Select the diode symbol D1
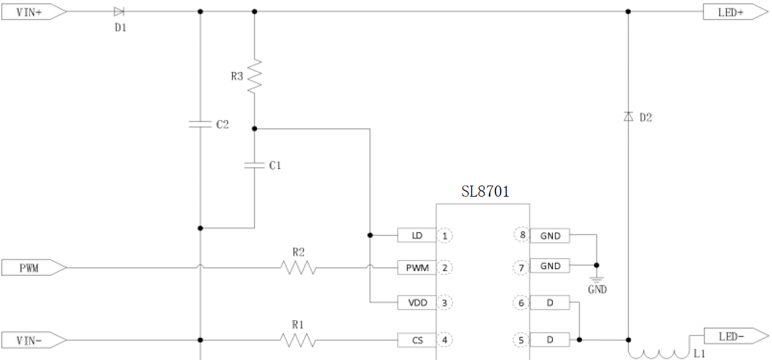(x=118, y=12)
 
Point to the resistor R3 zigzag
(x=254, y=75)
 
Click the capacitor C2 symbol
(x=200, y=123)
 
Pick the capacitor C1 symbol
(x=254, y=165)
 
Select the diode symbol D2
(x=628, y=117)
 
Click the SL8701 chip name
(x=485, y=192)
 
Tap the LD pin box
(x=416, y=235)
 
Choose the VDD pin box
(x=416, y=303)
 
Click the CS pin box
(x=416, y=340)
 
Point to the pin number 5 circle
(x=522, y=340)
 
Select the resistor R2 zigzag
(x=298, y=267)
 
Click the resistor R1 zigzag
(x=298, y=340)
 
